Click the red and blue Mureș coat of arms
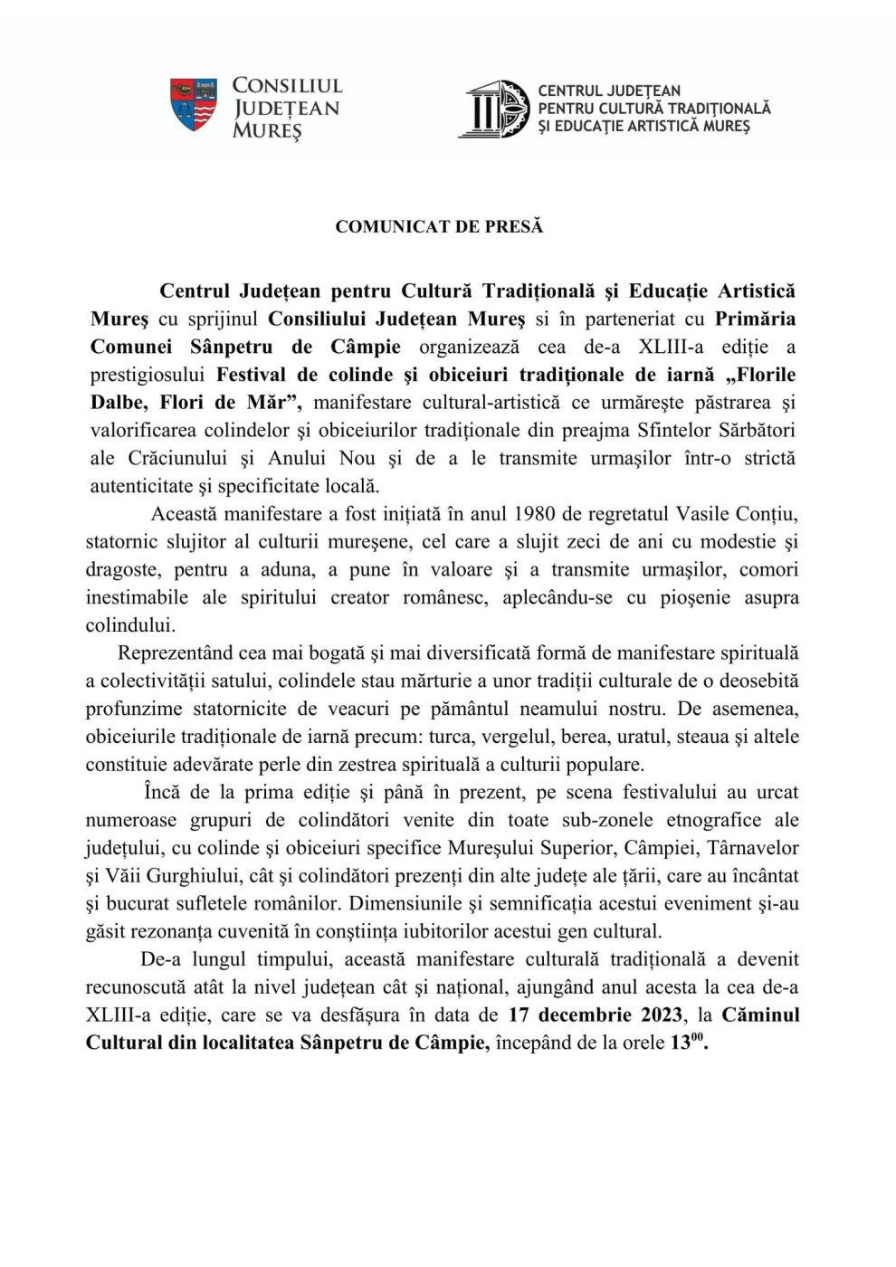[194, 104]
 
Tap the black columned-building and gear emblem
[493, 109]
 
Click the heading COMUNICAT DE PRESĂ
[439, 226]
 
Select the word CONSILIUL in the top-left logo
[287, 86]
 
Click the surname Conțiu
[766, 514]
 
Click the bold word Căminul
[761, 1015]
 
